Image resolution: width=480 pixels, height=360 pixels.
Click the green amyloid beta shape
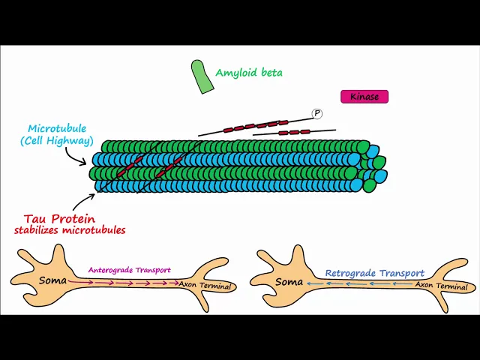[x=202, y=76]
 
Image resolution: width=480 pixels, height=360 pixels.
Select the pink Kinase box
[x=364, y=97]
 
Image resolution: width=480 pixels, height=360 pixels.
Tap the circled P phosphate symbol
[x=317, y=113]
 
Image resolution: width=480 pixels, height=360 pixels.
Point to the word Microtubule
[x=57, y=129]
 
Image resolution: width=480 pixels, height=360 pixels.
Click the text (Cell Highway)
[x=57, y=141]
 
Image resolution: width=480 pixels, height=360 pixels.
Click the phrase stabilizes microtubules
[x=70, y=230]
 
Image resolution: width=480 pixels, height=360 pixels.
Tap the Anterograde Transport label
[x=129, y=270]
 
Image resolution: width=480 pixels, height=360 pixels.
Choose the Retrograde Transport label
[x=375, y=274]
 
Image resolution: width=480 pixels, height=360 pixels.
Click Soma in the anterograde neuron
[x=53, y=281]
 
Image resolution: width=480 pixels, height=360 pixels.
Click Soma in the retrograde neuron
[x=289, y=282]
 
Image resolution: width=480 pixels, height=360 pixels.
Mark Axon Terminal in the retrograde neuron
[x=442, y=286]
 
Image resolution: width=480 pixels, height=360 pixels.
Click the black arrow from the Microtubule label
[x=79, y=156]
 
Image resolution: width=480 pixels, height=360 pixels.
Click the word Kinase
[x=364, y=97]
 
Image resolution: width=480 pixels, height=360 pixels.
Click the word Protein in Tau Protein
[x=74, y=219]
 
